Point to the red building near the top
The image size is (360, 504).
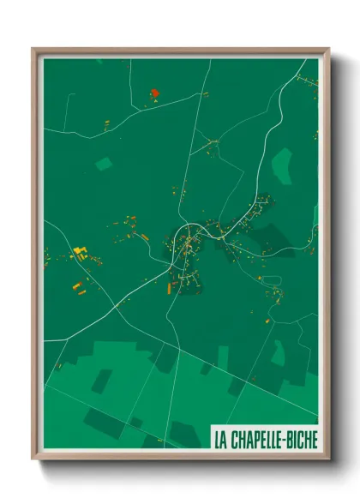[154, 93]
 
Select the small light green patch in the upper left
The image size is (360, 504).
[104, 163]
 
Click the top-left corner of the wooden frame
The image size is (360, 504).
[33, 49]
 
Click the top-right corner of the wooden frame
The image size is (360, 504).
[328, 49]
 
